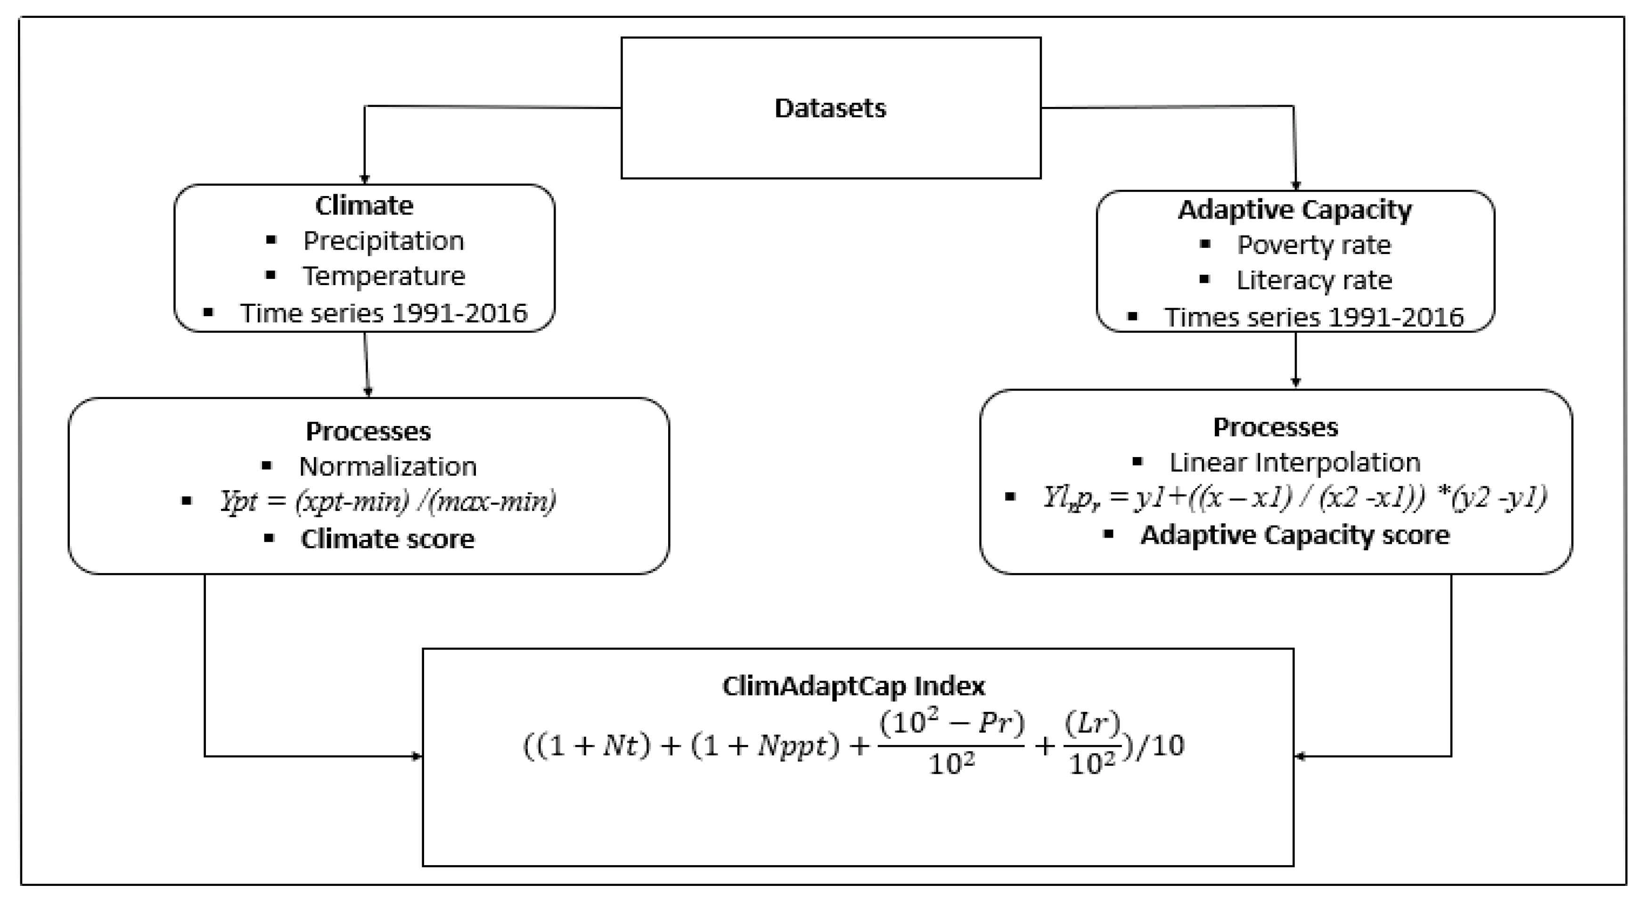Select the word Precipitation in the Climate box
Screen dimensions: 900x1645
click(x=383, y=241)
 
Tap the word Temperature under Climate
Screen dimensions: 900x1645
click(x=383, y=276)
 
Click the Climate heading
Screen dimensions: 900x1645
click(x=364, y=205)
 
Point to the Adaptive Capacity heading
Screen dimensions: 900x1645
click(x=1294, y=210)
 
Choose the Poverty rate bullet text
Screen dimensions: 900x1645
click(x=1314, y=245)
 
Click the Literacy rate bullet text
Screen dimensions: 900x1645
click(x=1314, y=280)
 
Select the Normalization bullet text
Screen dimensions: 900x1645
click(x=388, y=466)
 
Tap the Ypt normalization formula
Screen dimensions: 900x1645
click(x=388, y=501)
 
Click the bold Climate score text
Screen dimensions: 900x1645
click(x=388, y=539)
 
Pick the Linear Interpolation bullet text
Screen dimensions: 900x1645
click(x=1294, y=462)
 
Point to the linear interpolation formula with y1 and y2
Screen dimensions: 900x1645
click(x=1294, y=497)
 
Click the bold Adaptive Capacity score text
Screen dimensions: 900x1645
click(x=1294, y=535)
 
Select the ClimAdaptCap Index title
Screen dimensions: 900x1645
click(x=853, y=686)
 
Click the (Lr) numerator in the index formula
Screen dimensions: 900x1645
click(x=1092, y=722)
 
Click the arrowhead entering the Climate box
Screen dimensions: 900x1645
click(x=365, y=180)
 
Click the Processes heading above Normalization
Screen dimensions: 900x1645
click(x=368, y=431)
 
